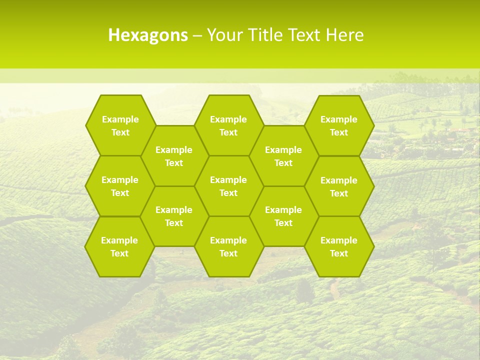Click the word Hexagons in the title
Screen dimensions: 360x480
coord(148,35)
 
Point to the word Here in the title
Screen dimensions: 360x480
coord(344,35)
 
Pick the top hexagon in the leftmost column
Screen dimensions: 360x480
coord(120,125)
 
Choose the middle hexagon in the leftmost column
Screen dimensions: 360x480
coord(120,186)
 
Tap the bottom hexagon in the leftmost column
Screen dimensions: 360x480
coord(119,246)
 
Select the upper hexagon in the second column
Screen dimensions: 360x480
coord(174,156)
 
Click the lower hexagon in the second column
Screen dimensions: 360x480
coord(174,216)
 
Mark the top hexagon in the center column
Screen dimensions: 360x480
coord(228,125)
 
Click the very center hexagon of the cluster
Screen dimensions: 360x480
coord(228,186)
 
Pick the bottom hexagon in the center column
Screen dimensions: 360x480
coord(228,246)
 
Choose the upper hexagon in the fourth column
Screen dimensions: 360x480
coord(283,156)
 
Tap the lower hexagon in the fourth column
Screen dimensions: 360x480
coord(283,216)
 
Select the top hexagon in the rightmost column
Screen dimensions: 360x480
coord(339,125)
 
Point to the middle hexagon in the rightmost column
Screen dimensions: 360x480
coord(339,186)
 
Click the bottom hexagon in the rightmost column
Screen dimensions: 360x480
coord(339,246)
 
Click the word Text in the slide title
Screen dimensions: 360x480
coord(305,35)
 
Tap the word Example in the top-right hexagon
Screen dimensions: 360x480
coord(339,119)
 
